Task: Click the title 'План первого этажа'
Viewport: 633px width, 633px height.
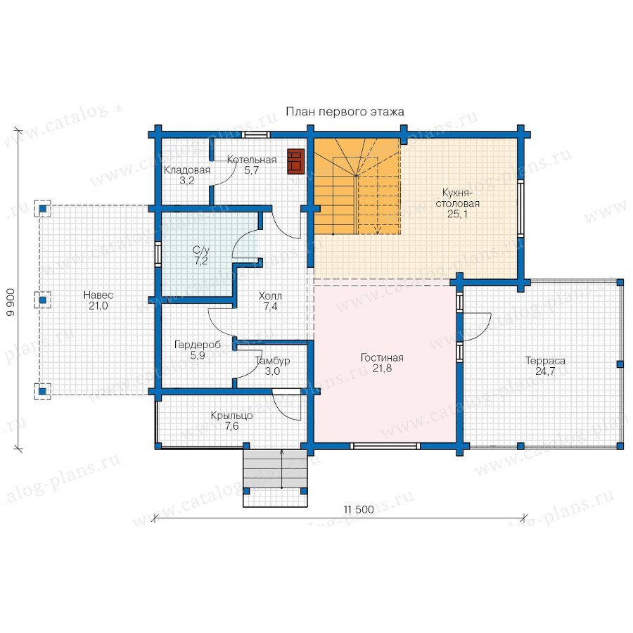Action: tap(345, 112)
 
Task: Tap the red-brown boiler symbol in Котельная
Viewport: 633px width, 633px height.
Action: tap(295, 162)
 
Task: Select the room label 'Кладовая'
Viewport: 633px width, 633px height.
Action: tap(187, 170)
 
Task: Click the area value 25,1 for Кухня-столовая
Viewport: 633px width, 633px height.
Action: tap(457, 214)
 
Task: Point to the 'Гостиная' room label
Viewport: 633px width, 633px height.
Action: tap(382, 358)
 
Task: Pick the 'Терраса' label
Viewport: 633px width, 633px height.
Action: tap(545, 361)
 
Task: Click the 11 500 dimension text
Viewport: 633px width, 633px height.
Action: tap(359, 509)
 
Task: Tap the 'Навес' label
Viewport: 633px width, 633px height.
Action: tap(98, 295)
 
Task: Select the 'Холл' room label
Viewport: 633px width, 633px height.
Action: tap(271, 296)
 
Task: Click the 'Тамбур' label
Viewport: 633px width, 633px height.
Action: tap(272, 361)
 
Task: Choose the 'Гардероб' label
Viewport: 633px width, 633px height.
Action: tap(198, 345)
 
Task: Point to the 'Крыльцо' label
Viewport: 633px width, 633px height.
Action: tap(231, 416)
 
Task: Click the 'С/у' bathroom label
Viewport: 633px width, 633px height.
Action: tap(201, 250)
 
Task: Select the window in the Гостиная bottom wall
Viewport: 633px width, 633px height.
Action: tap(385, 446)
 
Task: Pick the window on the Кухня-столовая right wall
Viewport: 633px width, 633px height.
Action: tap(520, 208)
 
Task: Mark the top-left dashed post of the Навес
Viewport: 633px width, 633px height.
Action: tap(42, 209)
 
